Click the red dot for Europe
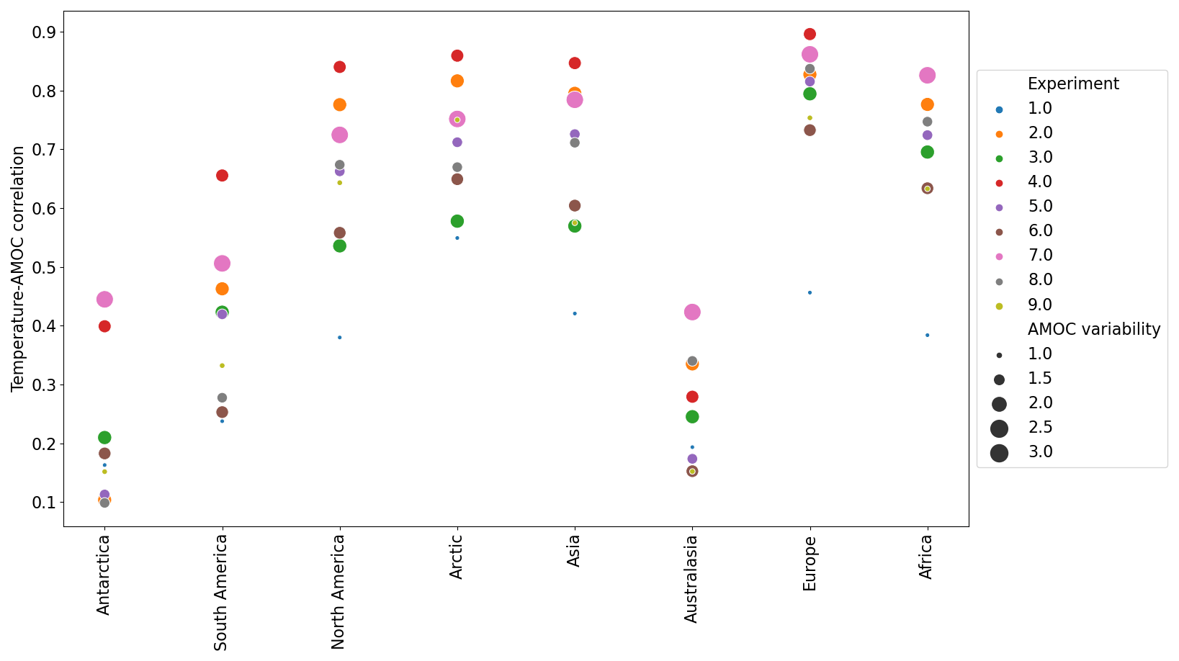tap(810, 35)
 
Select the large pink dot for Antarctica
tap(104, 300)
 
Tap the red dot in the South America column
tap(222, 176)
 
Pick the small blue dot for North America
tap(339, 337)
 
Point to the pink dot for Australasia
tap(692, 312)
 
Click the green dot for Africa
tap(927, 152)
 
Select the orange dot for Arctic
tap(457, 81)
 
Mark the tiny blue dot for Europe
tap(810, 292)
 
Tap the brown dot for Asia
tap(575, 206)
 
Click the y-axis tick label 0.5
tap(45, 267)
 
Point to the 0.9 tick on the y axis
tap(45, 32)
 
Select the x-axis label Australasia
tap(691, 579)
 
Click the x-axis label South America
tap(221, 592)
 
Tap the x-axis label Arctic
tap(456, 557)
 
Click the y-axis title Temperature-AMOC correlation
tap(18, 269)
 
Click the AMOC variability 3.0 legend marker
tap(999, 452)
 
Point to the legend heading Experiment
tap(1072, 84)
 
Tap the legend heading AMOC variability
tap(1093, 330)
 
